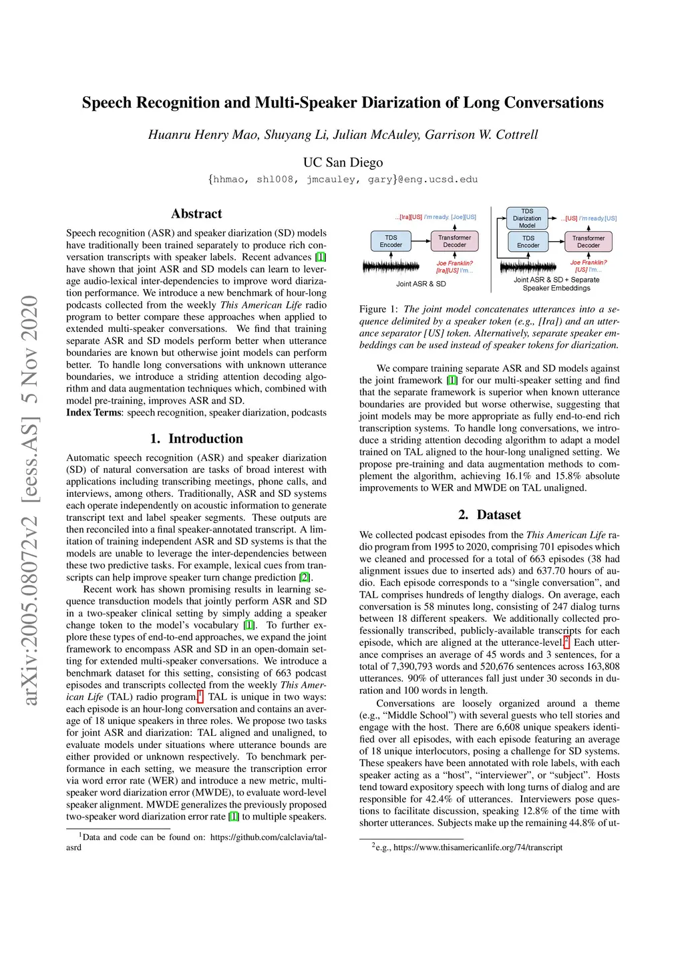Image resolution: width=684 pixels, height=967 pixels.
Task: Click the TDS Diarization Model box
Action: click(x=527, y=218)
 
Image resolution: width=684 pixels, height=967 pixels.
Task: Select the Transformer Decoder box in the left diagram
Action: click(x=454, y=241)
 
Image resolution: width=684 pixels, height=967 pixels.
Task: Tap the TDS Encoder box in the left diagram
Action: click(x=391, y=241)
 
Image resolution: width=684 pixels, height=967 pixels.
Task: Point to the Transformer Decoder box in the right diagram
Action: click(x=588, y=242)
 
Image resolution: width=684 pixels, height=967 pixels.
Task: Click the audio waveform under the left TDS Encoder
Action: click(x=391, y=266)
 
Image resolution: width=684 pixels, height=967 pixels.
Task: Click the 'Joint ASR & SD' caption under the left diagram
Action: click(x=421, y=284)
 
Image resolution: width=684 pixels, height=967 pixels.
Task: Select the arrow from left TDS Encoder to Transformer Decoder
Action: click(x=421, y=240)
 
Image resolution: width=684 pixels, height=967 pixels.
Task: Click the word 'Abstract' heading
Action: click(x=196, y=214)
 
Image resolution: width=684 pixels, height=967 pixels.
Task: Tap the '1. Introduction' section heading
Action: click(x=196, y=439)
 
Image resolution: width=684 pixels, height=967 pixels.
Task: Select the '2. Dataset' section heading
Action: click(x=490, y=515)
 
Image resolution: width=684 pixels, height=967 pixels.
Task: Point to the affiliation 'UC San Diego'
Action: click(x=343, y=162)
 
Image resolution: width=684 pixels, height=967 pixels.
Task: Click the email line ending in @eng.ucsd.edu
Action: click(x=343, y=180)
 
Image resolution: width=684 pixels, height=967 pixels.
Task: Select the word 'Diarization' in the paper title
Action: click(x=401, y=103)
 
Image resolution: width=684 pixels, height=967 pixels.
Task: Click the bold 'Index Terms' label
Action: click(x=94, y=413)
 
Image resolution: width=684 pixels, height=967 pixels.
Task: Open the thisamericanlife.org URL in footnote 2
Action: click(x=478, y=847)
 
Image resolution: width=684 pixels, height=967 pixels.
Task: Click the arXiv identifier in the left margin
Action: click(x=30, y=501)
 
